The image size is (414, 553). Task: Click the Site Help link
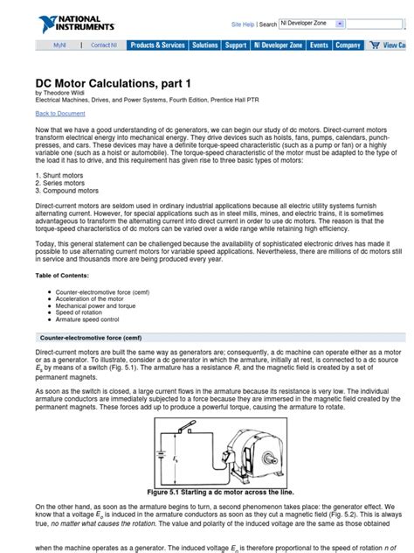(243, 24)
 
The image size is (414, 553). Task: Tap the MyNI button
(60, 45)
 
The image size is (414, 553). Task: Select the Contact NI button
(103, 45)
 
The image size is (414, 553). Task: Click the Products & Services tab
(157, 45)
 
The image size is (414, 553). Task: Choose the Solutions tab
(205, 45)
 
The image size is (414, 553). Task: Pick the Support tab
(236, 45)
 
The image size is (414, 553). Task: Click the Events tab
(319, 45)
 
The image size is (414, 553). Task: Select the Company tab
(348, 45)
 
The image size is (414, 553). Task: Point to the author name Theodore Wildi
(69, 92)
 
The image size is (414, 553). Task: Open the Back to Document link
(60, 114)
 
